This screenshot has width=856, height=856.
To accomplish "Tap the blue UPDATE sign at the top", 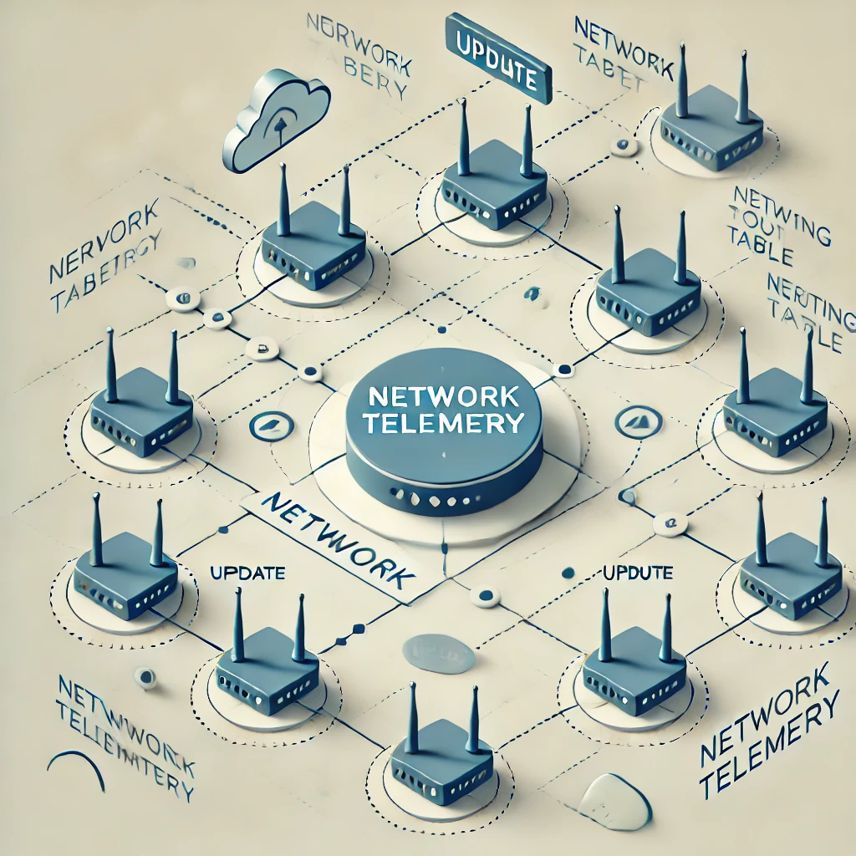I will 498,58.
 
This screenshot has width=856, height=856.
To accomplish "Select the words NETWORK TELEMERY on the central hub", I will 444,409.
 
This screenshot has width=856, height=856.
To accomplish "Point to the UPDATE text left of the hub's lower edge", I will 247,573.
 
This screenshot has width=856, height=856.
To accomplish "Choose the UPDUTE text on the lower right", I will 637,573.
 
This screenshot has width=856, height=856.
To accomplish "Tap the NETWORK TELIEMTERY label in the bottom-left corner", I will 125,736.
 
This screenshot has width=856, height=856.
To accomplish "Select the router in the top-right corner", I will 711,125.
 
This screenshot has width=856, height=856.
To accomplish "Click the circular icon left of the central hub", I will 269,425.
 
